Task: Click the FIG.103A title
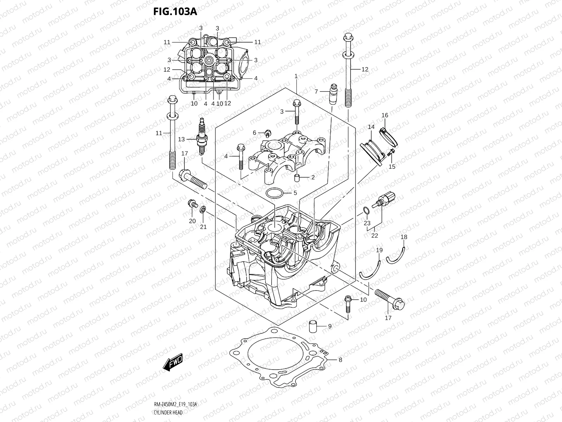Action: [175, 12]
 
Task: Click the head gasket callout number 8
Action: [340, 360]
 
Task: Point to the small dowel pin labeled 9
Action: [313, 327]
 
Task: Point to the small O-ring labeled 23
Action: [366, 211]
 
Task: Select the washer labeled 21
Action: [203, 210]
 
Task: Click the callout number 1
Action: [296, 76]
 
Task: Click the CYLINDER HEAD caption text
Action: [168, 412]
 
